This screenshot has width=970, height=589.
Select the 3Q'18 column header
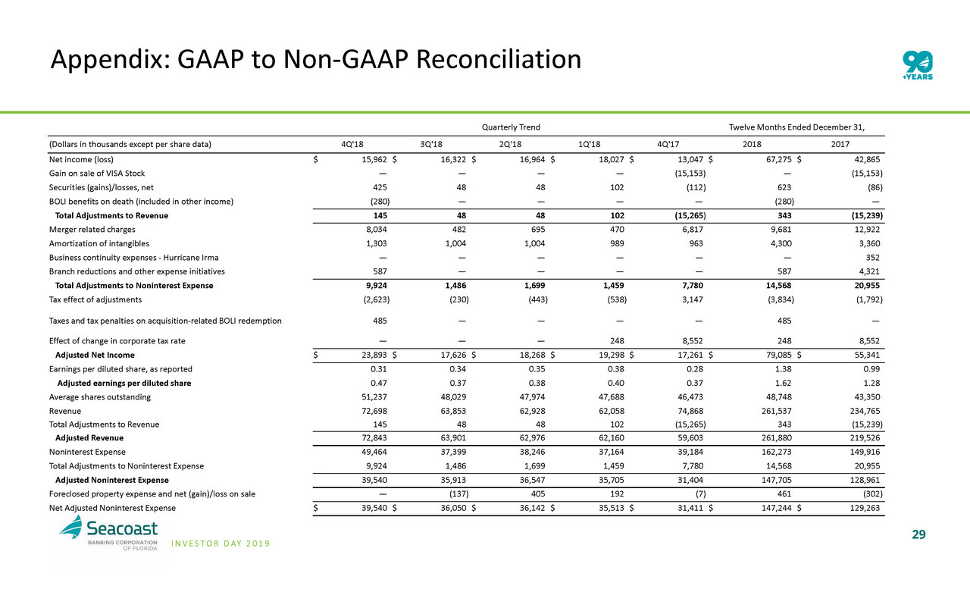click(x=433, y=144)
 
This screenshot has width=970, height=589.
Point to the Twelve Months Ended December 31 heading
click(x=797, y=127)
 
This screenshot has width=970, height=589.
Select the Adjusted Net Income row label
click(x=95, y=355)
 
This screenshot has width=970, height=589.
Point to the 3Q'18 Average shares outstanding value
click(x=453, y=396)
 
